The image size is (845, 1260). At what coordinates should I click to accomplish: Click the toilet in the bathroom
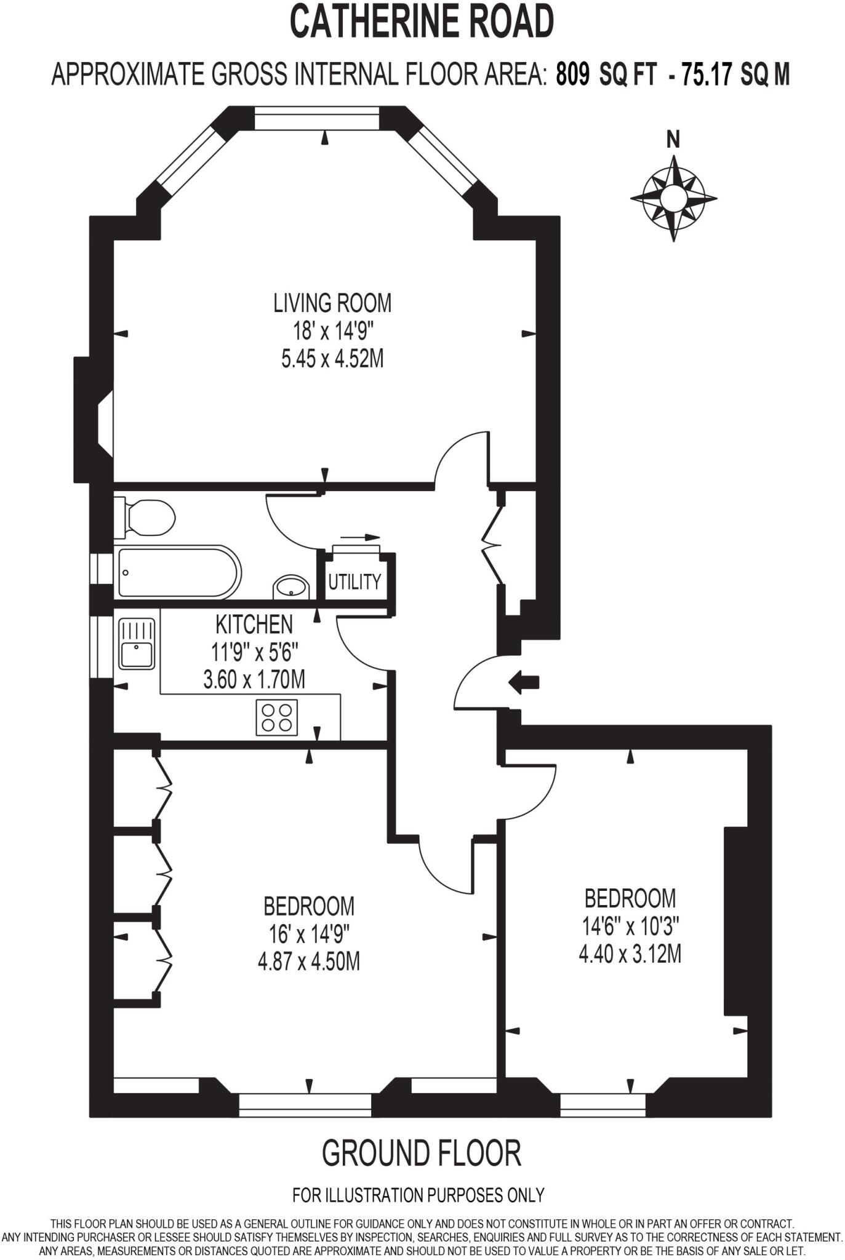click(x=148, y=517)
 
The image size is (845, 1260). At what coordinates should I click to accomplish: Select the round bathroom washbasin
click(x=291, y=586)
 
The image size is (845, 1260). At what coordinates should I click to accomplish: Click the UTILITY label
click(x=354, y=581)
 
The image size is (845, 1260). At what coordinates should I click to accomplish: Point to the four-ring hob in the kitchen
click(x=276, y=717)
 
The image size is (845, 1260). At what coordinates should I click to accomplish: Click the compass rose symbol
click(x=673, y=198)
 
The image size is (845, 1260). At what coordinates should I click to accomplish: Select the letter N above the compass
click(x=673, y=140)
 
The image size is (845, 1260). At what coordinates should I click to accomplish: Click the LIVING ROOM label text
click(x=332, y=303)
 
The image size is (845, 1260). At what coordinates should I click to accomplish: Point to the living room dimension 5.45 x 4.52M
click(x=332, y=359)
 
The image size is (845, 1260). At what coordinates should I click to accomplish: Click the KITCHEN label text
click(x=254, y=624)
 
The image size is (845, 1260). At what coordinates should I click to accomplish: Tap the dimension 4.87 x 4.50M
click(x=309, y=961)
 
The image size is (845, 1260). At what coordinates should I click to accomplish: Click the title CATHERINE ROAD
click(x=422, y=22)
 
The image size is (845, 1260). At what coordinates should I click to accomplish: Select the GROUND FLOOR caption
click(x=422, y=1154)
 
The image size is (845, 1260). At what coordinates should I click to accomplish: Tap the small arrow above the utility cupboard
click(x=360, y=537)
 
